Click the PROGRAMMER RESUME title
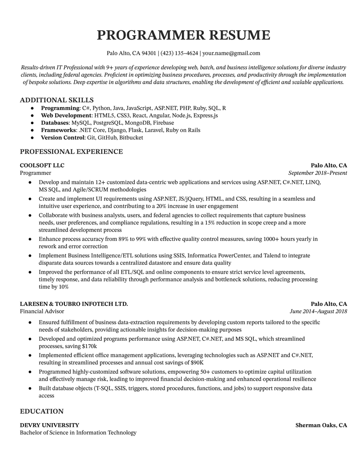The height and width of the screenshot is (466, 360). (184, 35)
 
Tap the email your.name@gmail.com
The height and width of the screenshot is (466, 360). (231, 53)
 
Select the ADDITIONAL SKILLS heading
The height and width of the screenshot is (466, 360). (57, 100)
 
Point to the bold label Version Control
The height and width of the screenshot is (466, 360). (63, 137)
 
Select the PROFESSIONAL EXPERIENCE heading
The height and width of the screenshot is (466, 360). (71, 152)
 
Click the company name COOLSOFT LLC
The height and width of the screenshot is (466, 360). (42, 165)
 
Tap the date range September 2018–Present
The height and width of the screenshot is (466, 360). (318, 173)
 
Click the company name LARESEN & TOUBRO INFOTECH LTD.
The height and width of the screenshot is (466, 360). (74, 304)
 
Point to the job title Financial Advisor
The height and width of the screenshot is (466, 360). (42, 311)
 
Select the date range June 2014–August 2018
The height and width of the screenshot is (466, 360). (319, 311)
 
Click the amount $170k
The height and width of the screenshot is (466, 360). (89, 346)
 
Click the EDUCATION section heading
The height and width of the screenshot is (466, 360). (42, 412)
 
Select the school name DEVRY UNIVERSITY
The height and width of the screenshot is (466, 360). (49, 425)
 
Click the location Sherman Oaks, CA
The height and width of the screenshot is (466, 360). (321, 425)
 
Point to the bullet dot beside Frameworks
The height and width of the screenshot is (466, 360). (32, 130)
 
